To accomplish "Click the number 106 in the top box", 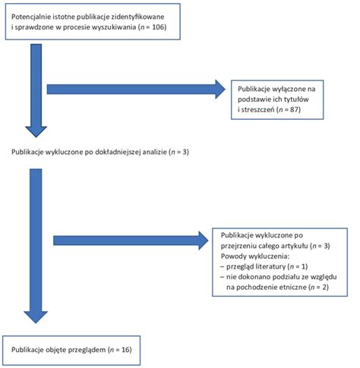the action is (158, 27).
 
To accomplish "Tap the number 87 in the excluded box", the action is (294, 109).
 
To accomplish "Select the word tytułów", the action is (296, 99).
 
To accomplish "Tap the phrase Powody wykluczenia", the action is (254, 256).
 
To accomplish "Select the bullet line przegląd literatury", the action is (264, 267).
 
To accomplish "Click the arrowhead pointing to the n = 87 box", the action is (220, 90).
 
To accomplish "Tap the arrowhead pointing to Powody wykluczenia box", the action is (204, 241).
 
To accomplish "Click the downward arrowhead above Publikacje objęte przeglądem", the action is (36, 317).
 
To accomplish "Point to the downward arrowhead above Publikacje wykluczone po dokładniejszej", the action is (36, 132).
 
